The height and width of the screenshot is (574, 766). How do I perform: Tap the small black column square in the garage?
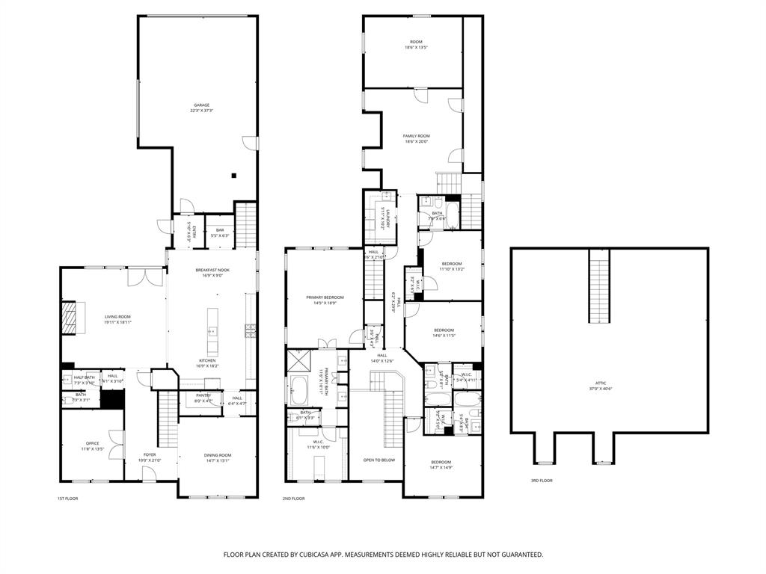[x=234, y=176]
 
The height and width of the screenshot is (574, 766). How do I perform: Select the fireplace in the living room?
[x=70, y=318]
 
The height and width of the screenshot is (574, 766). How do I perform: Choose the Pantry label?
[x=203, y=395]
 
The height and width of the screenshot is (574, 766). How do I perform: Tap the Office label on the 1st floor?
[x=92, y=443]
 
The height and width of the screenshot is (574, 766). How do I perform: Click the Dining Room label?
[x=218, y=455]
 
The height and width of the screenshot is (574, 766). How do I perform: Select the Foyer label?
[x=150, y=454]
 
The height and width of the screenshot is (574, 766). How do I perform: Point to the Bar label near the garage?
[x=220, y=230]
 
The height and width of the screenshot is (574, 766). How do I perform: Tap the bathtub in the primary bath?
[x=298, y=389]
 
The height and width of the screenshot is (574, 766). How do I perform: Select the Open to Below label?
[x=379, y=460]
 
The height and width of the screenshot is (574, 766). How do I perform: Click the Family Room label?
[x=417, y=136]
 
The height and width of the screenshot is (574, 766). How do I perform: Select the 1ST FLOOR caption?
[x=67, y=499]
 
